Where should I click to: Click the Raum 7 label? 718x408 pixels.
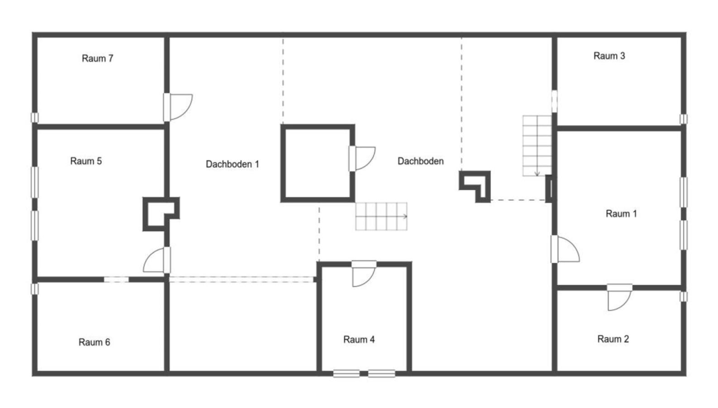pos(97,58)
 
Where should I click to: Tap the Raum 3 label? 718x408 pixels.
pos(609,56)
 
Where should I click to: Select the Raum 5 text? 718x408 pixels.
pos(86,161)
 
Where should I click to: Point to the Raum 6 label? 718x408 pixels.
pos(94,342)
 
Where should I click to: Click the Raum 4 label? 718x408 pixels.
pos(359,339)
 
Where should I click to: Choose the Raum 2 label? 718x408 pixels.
pos(613,339)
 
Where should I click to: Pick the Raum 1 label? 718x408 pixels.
pos(621,214)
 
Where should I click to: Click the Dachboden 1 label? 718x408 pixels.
pos(232,164)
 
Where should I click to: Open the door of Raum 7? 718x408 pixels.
pos(178,107)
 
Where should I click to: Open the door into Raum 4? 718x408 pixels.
pos(364,273)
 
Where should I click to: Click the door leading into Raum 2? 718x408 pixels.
pos(619,297)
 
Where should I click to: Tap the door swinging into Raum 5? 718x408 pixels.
pos(157,260)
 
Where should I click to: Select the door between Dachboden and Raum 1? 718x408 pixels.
pos(565,249)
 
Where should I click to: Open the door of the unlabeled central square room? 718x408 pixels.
pos(362,159)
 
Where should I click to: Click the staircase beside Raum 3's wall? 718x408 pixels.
pos(537,146)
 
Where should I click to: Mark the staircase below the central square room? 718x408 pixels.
pos(381,216)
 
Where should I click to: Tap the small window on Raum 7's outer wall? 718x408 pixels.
pos(34,117)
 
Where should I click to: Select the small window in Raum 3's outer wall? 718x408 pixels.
pos(684,119)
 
